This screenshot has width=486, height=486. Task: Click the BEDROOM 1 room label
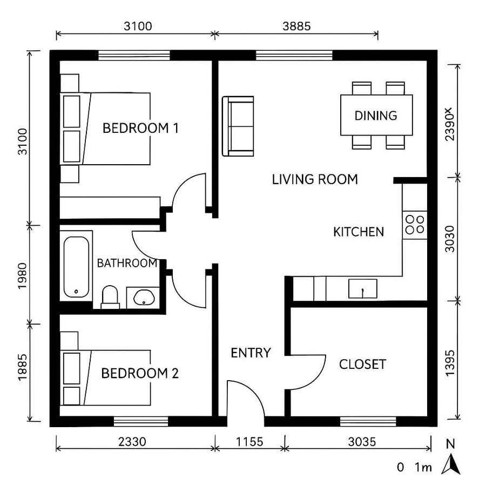pyautogui.click(x=140, y=129)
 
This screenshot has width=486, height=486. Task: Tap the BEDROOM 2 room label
pyautogui.click(x=140, y=373)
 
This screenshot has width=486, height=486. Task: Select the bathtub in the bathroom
pyautogui.click(x=76, y=267)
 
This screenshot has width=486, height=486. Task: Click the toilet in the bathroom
pyautogui.click(x=110, y=297)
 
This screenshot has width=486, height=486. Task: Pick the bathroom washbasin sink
pyautogui.click(x=143, y=297)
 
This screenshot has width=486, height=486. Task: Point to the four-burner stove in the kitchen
pyautogui.click(x=415, y=224)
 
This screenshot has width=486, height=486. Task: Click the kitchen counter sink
pyautogui.click(x=362, y=289)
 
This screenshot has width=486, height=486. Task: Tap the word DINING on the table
pyautogui.click(x=376, y=116)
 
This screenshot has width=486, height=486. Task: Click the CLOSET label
pyautogui.click(x=362, y=364)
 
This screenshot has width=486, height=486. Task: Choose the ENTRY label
pyautogui.click(x=251, y=353)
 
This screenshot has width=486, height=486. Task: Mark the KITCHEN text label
pyautogui.click(x=359, y=232)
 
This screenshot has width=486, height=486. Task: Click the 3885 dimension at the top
pyautogui.click(x=296, y=26)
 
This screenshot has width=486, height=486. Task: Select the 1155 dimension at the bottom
pyautogui.click(x=249, y=442)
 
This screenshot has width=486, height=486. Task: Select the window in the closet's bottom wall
pyautogui.click(x=369, y=421)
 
